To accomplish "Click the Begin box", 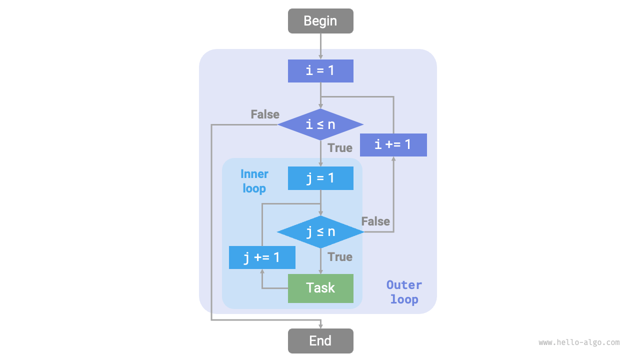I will point(320,21).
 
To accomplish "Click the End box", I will point(320,341).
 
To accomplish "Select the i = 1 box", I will point(320,70).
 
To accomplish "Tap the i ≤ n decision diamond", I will point(320,124).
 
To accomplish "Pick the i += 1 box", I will point(393,145).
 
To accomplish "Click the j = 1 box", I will point(320,178).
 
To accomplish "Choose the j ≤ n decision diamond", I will point(320,232).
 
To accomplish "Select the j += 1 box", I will point(262,257).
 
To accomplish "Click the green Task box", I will point(320,288).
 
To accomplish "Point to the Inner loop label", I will point(254,181).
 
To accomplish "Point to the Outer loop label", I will point(404,292).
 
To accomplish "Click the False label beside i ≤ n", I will point(265,114).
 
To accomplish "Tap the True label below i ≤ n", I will point(340,148).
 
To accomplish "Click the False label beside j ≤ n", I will point(375,221).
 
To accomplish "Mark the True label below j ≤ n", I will point(340,257).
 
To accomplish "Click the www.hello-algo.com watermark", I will point(579,342).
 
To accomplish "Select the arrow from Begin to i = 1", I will point(320,46).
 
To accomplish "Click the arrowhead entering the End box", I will point(320,325).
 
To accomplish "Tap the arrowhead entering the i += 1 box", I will point(393,159).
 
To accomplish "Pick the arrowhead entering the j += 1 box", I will point(262,272).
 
